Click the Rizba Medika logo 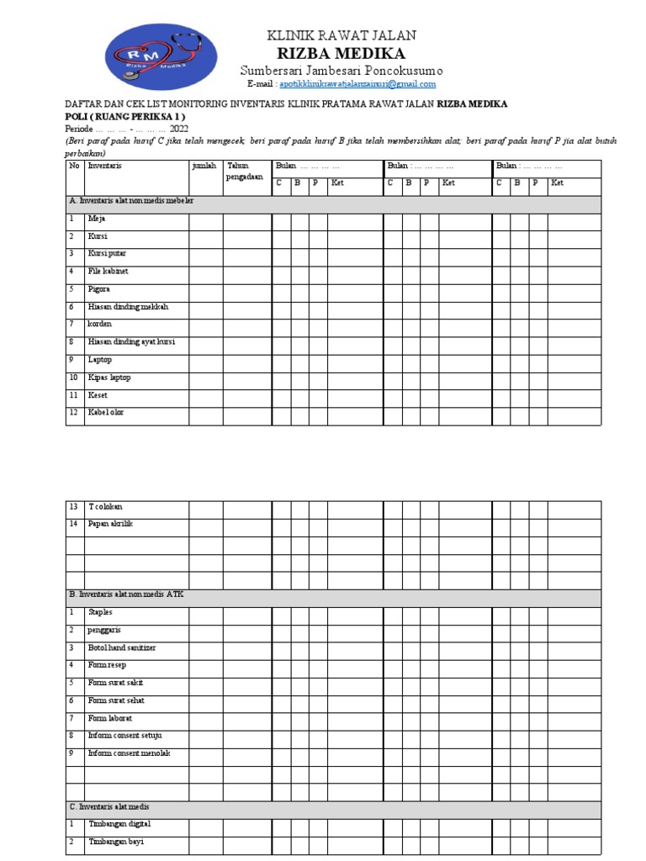161,56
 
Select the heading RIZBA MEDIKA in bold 341,54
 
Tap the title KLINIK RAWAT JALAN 341,35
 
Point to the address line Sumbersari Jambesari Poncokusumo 341,71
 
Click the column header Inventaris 105,166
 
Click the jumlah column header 204,166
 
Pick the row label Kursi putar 108,254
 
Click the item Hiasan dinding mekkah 128,307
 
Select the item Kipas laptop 109,378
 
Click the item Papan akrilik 111,524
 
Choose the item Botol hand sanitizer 122,648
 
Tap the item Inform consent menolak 129,753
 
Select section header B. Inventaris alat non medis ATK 126,594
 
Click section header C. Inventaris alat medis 109,807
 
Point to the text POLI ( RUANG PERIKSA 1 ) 125,116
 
